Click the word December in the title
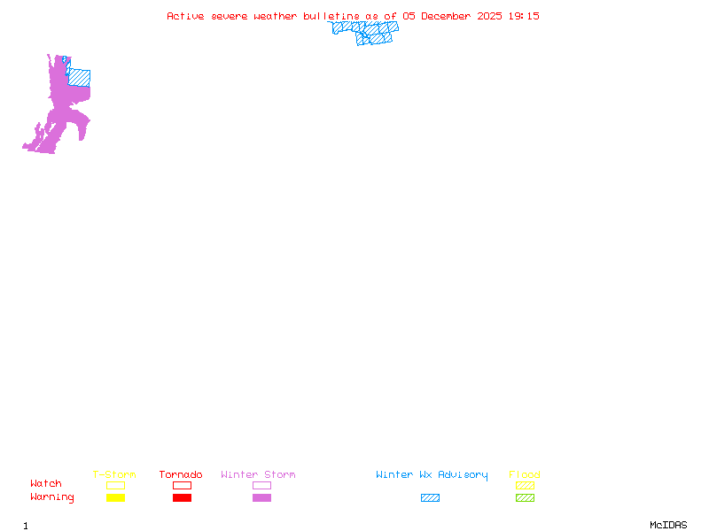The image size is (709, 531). click(446, 16)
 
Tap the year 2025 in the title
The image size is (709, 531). click(489, 16)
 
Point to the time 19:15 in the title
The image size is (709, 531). click(524, 16)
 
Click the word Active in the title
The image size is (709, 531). click(185, 16)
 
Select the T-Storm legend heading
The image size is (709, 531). click(114, 474)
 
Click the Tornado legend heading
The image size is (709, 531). click(181, 474)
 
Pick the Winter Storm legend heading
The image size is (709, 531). click(258, 474)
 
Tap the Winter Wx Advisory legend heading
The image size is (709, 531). click(432, 475)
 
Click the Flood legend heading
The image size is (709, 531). click(525, 474)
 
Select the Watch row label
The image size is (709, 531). click(46, 483)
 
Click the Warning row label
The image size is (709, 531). click(52, 497)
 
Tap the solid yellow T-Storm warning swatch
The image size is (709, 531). click(116, 497)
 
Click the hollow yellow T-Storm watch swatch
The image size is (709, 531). click(116, 481)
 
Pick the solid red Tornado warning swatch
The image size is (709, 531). click(183, 497)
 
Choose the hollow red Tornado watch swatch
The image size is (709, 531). click(183, 481)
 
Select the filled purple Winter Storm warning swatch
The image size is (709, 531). click(261, 497)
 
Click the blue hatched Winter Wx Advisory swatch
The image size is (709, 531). click(430, 497)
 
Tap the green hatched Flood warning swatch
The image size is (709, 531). click(525, 497)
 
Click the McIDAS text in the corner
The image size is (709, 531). click(668, 525)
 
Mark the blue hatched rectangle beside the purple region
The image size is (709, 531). click(79, 78)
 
